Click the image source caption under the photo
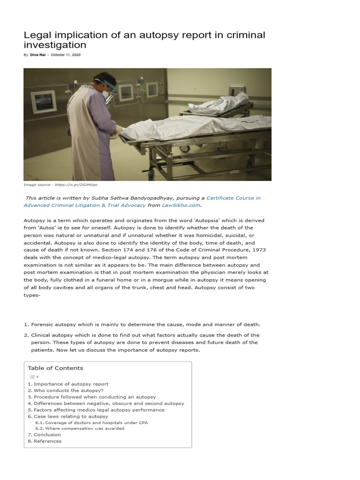(60, 185)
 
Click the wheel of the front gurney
(186, 149)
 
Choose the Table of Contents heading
(55, 368)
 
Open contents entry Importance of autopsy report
(71, 384)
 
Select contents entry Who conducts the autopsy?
(68, 390)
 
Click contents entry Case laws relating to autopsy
(71, 416)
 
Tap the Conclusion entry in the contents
(47, 435)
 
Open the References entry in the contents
(47, 441)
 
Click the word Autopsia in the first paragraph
(185, 220)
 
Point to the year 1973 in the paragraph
(256, 250)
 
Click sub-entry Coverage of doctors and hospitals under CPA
(97, 422)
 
